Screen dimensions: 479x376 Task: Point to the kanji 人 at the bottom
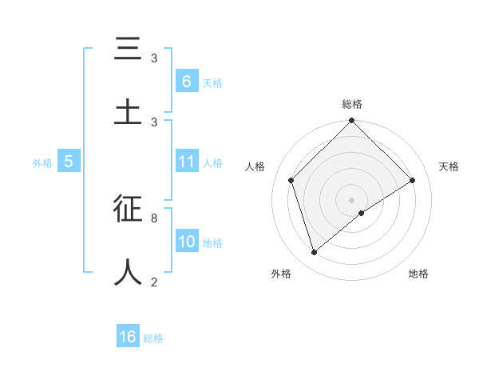click(128, 271)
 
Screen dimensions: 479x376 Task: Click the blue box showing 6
click(186, 81)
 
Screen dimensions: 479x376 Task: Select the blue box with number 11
click(187, 162)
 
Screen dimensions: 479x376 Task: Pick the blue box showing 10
click(187, 242)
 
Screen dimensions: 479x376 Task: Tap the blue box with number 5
click(69, 162)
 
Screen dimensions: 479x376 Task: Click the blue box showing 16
click(128, 337)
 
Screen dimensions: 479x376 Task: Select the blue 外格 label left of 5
click(42, 163)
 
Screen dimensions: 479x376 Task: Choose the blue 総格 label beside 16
click(153, 338)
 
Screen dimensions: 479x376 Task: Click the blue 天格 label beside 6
click(212, 82)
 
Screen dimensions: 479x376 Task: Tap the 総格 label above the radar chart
click(352, 104)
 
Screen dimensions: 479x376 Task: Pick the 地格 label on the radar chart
click(418, 274)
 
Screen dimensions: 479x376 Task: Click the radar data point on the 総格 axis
click(352, 122)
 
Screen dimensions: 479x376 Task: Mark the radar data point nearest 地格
click(362, 213)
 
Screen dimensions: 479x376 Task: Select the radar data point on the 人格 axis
click(291, 180)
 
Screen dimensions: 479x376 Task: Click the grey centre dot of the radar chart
click(352, 199)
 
